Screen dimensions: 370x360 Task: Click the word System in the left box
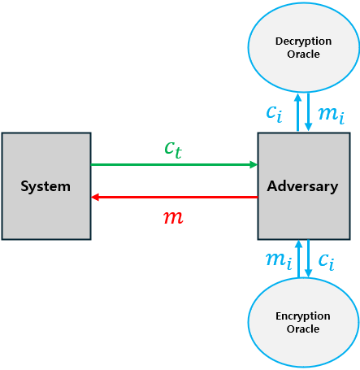(x=46, y=186)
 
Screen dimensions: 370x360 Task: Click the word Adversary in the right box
(x=302, y=186)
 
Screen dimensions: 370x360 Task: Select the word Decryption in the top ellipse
(x=302, y=41)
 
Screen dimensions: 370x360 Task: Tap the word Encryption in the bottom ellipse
(x=302, y=316)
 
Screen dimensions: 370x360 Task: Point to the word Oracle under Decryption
(x=302, y=54)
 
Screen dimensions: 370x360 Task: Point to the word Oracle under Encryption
(x=302, y=329)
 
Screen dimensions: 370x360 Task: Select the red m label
(x=173, y=217)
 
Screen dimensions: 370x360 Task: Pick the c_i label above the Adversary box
(x=275, y=112)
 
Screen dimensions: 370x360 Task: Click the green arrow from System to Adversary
(x=171, y=164)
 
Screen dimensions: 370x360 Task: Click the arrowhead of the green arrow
(x=253, y=164)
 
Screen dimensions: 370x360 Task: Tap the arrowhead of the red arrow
(x=96, y=197)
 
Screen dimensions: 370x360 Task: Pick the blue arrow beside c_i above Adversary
(x=298, y=112)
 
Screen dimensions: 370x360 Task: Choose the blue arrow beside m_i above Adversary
(x=309, y=112)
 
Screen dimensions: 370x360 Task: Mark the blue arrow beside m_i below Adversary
(x=298, y=259)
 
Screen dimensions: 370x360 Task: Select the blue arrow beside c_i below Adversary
(x=309, y=259)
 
